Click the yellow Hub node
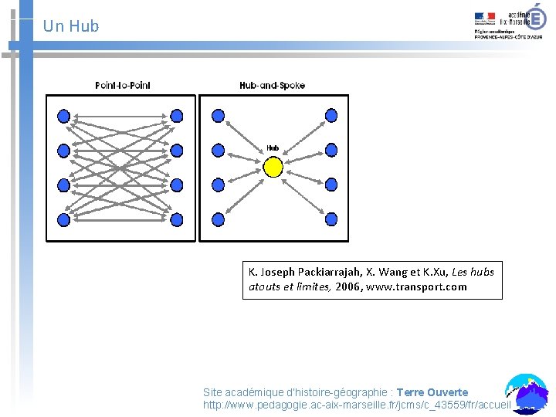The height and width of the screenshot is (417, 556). tap(273, 167)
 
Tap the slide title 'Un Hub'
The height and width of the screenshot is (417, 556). tap(71, 26)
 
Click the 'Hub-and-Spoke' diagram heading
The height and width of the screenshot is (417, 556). tap(272, 85)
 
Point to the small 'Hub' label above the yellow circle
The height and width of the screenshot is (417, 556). tap(273, 147)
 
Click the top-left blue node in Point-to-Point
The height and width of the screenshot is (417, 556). tap(63, 116)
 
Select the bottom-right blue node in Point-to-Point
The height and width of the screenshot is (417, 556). tap(177, 219)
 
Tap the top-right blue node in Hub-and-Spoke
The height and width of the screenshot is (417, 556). tap(331, 116)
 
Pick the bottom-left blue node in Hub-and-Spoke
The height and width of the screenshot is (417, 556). tap(218, 219)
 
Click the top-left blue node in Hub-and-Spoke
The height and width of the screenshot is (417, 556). tap(218, 116)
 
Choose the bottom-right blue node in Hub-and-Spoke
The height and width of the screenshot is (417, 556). tap(331, 219)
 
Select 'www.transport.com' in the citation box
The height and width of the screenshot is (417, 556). tap(417, 287)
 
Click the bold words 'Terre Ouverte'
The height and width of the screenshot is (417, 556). tap(432, 392)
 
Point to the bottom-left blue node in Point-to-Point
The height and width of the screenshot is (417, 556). tap(63, 219)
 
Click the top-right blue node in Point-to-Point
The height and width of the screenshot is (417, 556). tap(177, 116)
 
